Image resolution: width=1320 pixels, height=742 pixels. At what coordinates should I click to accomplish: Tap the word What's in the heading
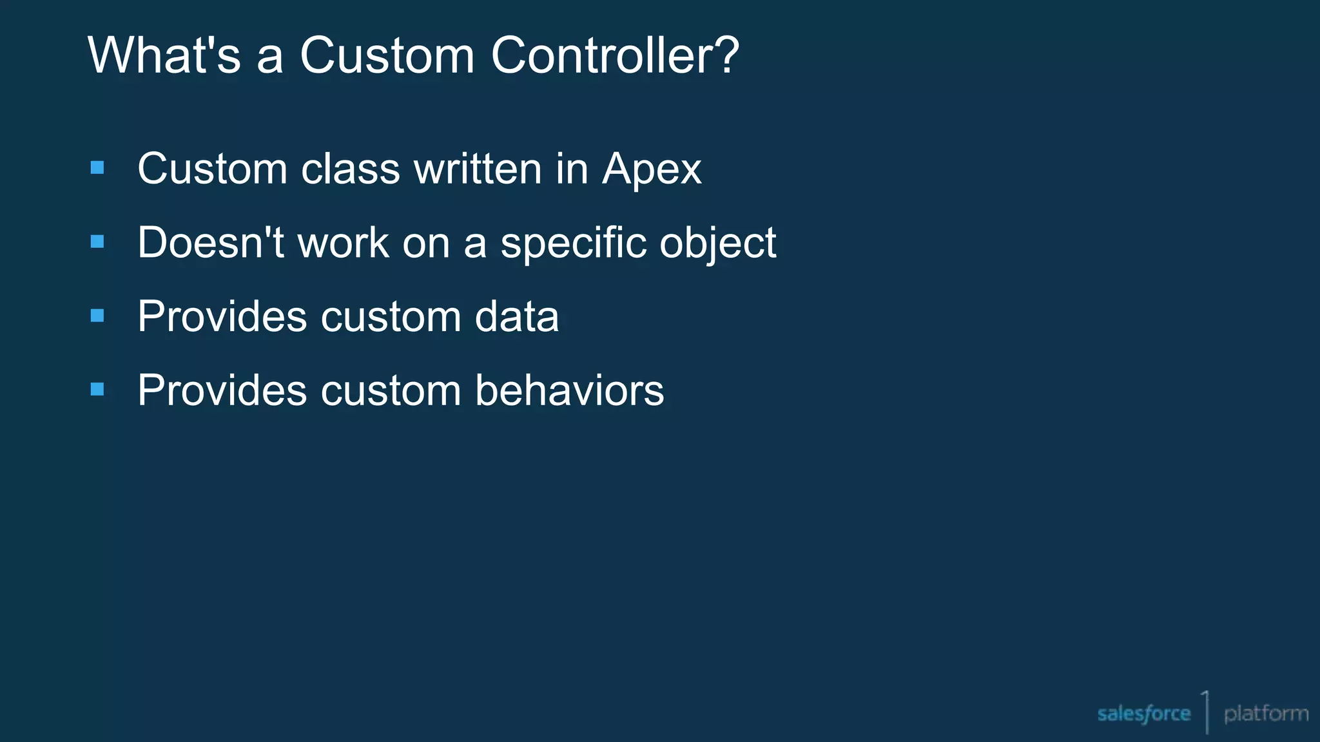point(164,55)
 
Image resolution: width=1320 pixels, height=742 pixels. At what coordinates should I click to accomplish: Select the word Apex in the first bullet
point(652,170)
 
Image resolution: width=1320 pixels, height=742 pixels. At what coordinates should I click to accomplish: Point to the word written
point(478,170)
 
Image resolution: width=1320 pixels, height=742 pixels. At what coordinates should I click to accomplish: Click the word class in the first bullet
point(351,170)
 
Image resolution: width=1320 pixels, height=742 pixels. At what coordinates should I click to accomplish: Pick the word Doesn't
point(211,243)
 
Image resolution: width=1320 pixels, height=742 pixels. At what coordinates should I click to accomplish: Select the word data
point(516,317)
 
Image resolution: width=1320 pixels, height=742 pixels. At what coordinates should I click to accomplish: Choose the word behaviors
point(569,391)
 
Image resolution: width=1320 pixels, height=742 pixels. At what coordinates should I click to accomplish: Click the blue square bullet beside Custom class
point(97,168)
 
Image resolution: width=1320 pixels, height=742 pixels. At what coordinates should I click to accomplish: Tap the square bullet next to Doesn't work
point(97,242)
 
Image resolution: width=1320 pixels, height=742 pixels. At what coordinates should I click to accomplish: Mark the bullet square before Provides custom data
point(97,316)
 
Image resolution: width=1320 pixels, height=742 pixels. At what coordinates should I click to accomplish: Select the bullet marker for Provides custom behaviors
point(97,389)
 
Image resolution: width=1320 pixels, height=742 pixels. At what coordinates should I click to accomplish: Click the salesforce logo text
point(1143,714)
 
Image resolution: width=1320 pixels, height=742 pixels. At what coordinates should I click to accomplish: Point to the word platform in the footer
point(1266,714)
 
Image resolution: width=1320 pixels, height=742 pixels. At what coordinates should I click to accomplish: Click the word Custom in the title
point(387,55)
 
